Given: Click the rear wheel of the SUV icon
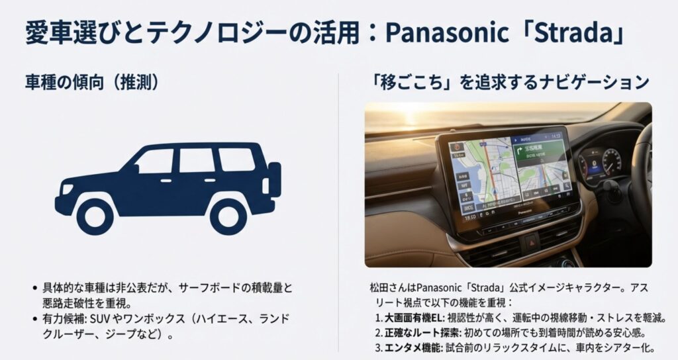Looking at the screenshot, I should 228,215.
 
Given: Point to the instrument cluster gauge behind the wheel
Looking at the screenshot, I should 599,162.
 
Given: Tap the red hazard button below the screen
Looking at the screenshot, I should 530,242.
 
